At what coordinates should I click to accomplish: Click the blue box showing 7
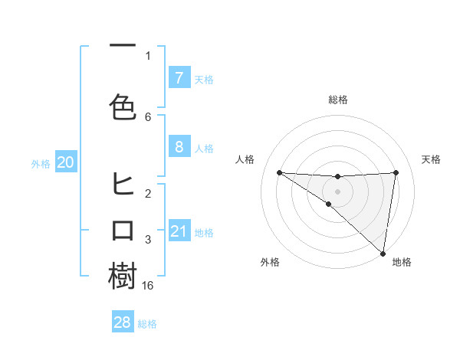pos(179,77)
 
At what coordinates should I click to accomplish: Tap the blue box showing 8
pos(179,147)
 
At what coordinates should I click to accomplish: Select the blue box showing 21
pos(179,231)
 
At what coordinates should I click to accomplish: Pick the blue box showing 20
pos(66,162)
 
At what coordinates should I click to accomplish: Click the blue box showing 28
pos(123,322)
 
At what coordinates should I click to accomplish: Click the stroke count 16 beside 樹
pos(148,286)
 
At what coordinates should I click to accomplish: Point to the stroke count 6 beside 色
pos(148,116)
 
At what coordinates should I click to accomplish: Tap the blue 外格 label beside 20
pos(41,163)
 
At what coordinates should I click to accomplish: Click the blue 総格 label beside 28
pos(147,324)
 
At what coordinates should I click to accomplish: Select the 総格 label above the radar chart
pos(337,100)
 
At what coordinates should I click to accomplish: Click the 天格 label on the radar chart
pos(432,159)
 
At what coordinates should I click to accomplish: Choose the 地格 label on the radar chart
pos(402,263)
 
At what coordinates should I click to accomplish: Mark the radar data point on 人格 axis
pos(279,172)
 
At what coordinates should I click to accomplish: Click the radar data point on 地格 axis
pos(383,253)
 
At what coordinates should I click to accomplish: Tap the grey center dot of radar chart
pos(337,190)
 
